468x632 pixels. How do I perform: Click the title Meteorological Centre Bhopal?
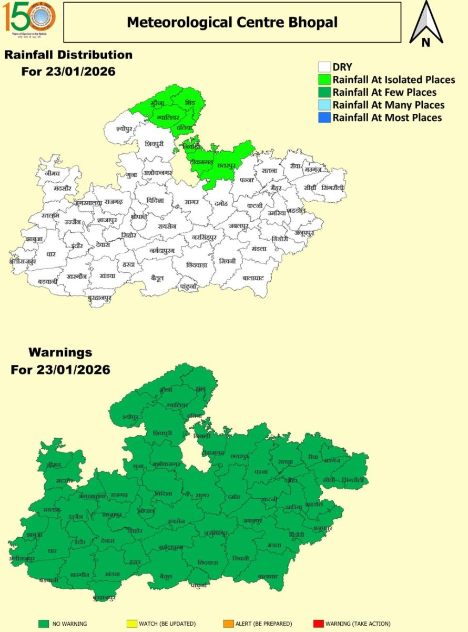[x=232, y=22]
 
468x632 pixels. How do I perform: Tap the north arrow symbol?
[x=426, y=24]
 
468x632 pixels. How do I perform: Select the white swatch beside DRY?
[x=324, y=67]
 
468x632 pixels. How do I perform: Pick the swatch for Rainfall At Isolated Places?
[x=324, y=80]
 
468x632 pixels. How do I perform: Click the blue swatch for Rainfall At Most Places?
[x=324, y=118]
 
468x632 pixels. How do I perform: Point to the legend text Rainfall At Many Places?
[x=388, y=105]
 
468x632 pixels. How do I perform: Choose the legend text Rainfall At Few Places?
[x=384, y=93]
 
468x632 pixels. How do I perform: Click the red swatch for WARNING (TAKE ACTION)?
[x=317, y=624]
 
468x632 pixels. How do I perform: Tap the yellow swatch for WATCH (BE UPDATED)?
[x=130, y=624]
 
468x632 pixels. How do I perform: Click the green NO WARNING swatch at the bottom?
[x=44, y=624]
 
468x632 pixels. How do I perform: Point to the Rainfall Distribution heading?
[x=68, y=55]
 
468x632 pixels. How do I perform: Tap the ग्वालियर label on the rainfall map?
[x=168, y=116]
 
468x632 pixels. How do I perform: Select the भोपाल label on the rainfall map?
[x=139, y=217]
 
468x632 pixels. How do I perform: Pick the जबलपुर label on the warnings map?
[x=252, y=520]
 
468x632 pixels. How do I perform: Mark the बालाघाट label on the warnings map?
[x=268, y=577]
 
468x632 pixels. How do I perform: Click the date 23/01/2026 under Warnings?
[x=74, y=370]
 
